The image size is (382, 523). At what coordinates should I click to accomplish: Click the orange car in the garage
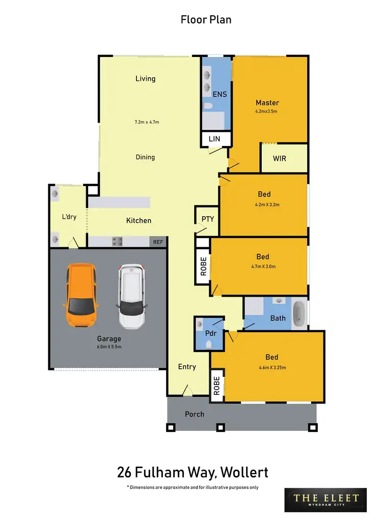click(81, 295)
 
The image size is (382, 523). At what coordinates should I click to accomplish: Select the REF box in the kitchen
click(158, 242)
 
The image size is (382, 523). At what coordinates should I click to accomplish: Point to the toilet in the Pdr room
click(209, 344)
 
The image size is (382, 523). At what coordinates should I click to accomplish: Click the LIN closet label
click(214, 138)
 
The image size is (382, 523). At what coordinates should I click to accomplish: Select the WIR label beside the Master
click(279, 158)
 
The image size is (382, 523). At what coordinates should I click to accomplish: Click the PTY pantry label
click(208, 219)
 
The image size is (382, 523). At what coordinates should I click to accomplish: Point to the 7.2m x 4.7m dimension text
click(147, 122)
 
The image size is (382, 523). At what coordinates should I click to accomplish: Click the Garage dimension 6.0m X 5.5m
click(109, 346)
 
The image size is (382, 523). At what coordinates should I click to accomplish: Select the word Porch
click(194, 414)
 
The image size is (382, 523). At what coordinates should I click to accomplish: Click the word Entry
click(187, 366)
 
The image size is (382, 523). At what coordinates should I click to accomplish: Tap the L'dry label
click(69, 217)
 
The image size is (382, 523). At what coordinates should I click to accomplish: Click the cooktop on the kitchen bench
click(117, 242)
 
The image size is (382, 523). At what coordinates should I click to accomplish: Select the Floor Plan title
click(206, 20)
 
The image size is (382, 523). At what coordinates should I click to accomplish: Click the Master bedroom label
click(267, 103)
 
